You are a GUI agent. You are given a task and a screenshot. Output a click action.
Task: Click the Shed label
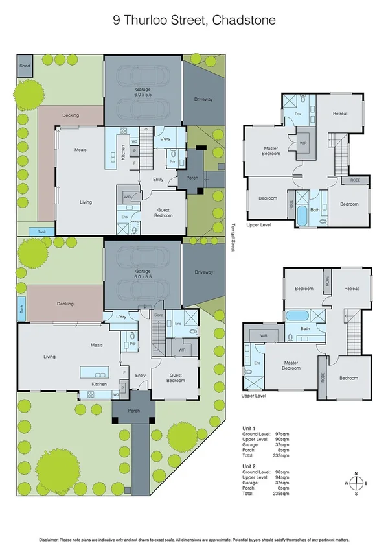(25, 66)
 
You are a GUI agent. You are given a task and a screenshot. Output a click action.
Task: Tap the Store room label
(159, 315)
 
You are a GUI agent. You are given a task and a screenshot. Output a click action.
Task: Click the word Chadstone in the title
(245, 20)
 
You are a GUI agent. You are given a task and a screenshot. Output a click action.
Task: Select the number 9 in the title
(115, 20)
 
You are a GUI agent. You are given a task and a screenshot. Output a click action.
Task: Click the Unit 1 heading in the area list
(249, 427)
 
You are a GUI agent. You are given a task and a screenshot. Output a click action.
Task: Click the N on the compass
(356, 473)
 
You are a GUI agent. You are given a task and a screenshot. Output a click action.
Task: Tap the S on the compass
(356, 494)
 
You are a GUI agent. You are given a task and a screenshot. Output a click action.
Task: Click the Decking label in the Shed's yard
(70, 115)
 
